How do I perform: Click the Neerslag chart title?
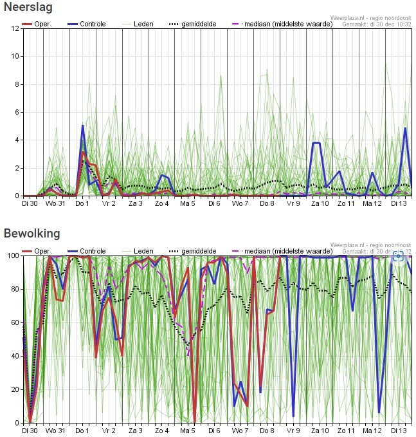point(27,8)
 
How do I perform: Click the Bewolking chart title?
point(31,233)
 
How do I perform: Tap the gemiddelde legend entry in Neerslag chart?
point(195,24)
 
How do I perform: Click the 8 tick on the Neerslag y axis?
point(17,84)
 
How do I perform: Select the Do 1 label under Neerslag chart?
point(82,204)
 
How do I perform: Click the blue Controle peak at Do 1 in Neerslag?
point(82,126)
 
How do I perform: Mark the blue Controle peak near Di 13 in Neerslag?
point(405,128)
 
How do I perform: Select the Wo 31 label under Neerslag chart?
point(56,204)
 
